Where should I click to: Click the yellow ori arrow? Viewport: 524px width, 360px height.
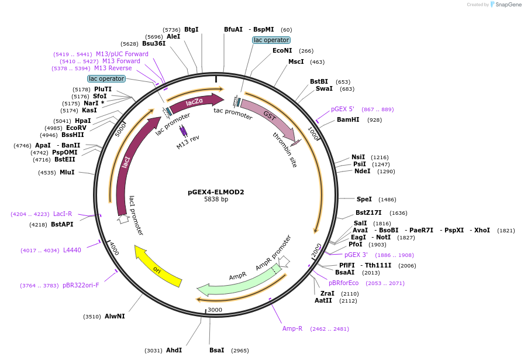(x=158, y=266)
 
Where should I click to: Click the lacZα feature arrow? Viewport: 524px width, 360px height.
(x=195, y=102)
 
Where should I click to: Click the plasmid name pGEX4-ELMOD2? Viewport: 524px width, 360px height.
(x=216, y=191)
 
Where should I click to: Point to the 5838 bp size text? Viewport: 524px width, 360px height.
(x=216, y=200)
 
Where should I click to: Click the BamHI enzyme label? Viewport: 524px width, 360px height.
(x=347, y=119)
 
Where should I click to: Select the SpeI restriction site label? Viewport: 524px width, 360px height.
(x=364, y=199)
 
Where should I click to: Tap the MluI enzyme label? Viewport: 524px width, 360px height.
(x=67, y=172)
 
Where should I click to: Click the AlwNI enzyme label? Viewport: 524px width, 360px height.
(x=114, y=316)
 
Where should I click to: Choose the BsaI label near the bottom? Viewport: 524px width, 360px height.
(x=216, y=350)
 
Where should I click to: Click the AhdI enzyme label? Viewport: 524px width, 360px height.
(x=174, y=350)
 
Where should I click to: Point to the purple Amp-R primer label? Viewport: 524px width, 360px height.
(x=292, y=328)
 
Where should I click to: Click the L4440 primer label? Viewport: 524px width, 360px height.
(x=72, y=250)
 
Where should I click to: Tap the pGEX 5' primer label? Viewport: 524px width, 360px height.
(x=343, y=109)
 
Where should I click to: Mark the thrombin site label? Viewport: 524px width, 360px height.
(x=285, y=150)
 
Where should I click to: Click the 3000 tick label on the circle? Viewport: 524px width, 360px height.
(x=215, y=310)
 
